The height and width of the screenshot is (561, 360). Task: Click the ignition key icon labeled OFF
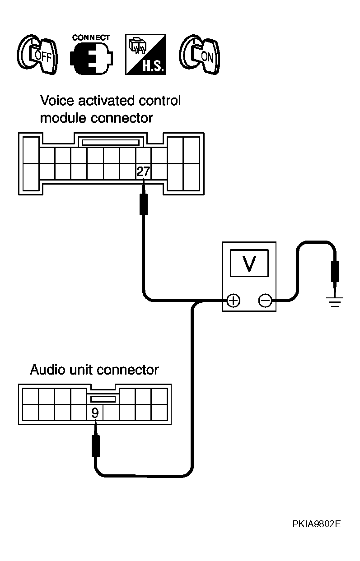click(x=37, y=54)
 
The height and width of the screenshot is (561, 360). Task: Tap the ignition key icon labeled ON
click(x=200, y=54)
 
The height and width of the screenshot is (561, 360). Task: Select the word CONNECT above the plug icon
click(x=91, y=37)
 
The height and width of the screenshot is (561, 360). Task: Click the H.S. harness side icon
click(x=145, y=54)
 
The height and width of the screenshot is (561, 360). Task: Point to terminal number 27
click(x=143, y=172)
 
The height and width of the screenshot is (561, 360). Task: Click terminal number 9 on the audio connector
click(x=95, y=413)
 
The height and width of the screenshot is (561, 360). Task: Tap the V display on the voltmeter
click(x=249, y=263)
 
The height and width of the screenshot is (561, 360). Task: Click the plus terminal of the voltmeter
click(x=234, y=300)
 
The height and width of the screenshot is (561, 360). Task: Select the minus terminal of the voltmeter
click(x=265, y=300)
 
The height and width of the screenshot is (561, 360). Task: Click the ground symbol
click(x=335, y=301)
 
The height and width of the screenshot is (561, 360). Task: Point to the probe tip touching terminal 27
click(x=144, y=179)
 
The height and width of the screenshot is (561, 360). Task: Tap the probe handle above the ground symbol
click(x=335, y=271)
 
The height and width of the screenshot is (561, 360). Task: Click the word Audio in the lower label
click(x=48, y=370)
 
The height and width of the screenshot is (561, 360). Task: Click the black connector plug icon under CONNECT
click(x=91, y=58)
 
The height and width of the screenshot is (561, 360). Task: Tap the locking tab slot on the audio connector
click(x=103, y=399)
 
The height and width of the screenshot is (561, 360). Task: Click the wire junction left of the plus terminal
click(x=197, y=301)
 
